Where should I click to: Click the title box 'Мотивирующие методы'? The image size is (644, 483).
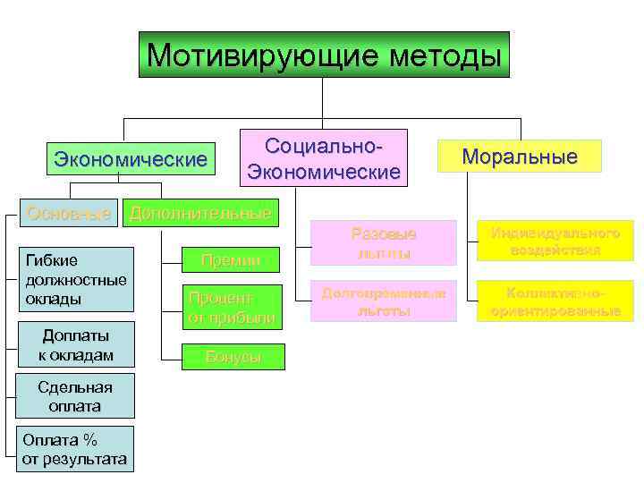324,55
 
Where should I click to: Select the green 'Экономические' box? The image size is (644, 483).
131,159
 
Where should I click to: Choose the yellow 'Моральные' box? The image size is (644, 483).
520,157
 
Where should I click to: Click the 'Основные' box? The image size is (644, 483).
70,213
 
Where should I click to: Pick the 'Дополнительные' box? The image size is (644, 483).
200,213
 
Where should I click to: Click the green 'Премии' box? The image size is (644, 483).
231,260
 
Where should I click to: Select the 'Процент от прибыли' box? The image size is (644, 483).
231,307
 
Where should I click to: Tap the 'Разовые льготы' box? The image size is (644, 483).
383,243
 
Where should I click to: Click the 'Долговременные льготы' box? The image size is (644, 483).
383,303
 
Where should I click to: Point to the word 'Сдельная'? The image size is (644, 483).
75,387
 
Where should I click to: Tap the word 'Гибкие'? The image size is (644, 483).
51,260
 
